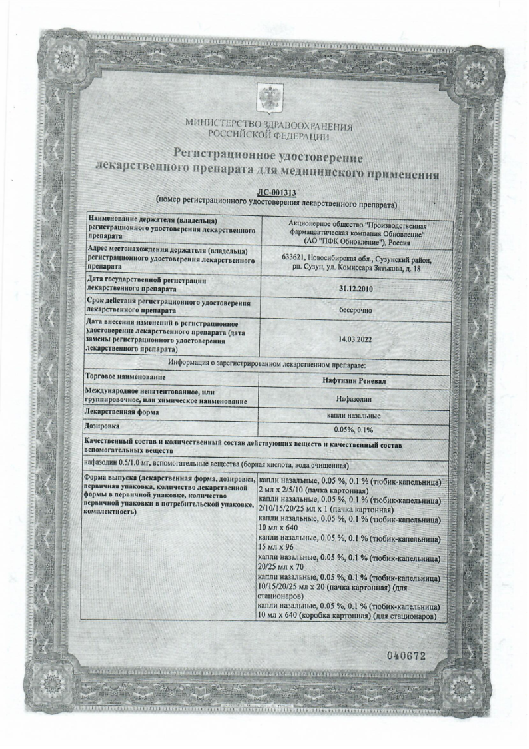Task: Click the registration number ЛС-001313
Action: pyautogui.click(x=274, y=192)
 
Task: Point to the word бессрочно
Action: pyautogui.click(x=354, y=310)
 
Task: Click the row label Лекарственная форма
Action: pyautogui.click(x=117, y=415)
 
